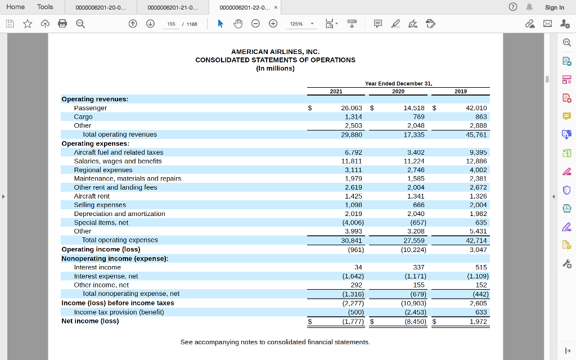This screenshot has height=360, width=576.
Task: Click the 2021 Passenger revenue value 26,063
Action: point(352,107)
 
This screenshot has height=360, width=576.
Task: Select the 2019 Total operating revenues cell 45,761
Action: point(476,134)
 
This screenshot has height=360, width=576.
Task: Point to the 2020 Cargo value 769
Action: point(418,116)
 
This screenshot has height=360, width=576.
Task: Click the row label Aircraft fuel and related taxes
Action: point(119,152)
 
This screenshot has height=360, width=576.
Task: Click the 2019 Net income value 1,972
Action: point(478,322)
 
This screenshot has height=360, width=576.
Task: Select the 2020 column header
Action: point(398,91)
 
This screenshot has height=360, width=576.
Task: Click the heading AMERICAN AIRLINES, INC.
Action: point(275,51)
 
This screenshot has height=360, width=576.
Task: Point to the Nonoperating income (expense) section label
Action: point(115,258)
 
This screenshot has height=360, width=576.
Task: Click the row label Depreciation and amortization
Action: point(119,214)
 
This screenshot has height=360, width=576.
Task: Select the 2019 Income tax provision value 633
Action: point(481,312)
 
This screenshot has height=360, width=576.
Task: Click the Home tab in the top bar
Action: point(15,7)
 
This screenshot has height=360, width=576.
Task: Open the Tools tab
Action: point(45,7)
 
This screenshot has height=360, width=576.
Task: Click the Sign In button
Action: point(554,7)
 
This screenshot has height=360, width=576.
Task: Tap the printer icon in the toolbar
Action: point(62,24)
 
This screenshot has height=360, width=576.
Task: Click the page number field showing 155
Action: point(171,24)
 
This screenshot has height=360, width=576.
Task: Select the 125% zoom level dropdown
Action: point(301,24)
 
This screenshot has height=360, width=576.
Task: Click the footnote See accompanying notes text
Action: point(275,342)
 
